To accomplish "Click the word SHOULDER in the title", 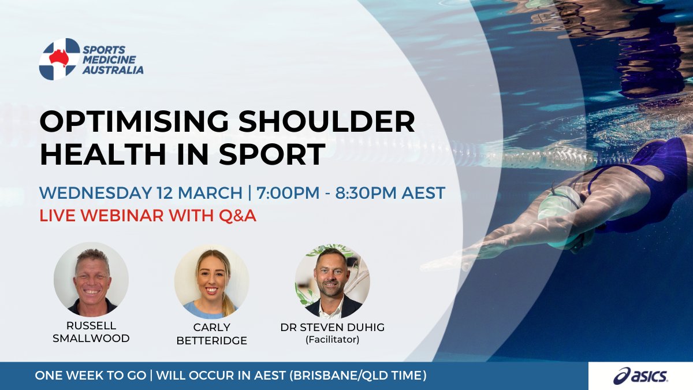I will pyautogui.click(x=327, y=123).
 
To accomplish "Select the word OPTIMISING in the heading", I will pyautogui.click(x=134, y=123).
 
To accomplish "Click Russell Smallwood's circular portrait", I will pyautogui.click(x=91, y=279).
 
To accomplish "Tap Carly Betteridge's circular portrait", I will pyautogui.click(x=211, y=280).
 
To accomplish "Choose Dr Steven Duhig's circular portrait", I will pyautogui.click(x=332, y=280).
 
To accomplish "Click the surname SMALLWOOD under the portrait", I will pyautogui.click(x=91, y=339).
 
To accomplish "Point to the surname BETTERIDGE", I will pyautogui.click(x=211, y=340).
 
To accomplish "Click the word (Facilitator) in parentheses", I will pyautogui.click(x=332, y=340).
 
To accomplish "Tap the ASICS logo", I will pyautogui.click(x=640, y=376).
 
